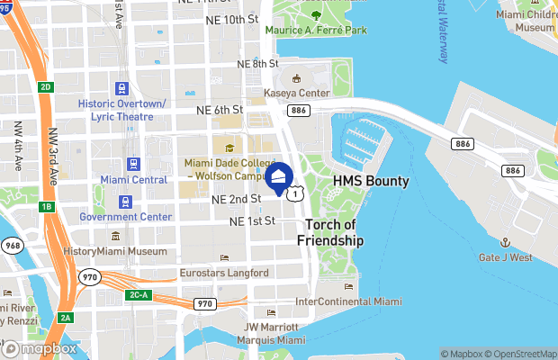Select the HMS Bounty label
[x=371, y=181]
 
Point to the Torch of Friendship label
[x=334, y=232]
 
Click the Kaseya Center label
[x=297, y=93]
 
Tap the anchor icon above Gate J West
[x=505, y=243]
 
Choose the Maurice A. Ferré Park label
[x=315, y=30]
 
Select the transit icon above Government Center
[x=125, y=202]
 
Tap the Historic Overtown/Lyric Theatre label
[x=122, y=111]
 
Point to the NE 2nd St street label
[x=236, y=198]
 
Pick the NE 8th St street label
[x=257, y=64]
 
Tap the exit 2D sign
[x=46, y=86]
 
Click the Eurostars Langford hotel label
[x=223, y=273]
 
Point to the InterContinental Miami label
[x=348, y=301]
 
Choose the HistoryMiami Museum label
[x=115, y=251]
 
